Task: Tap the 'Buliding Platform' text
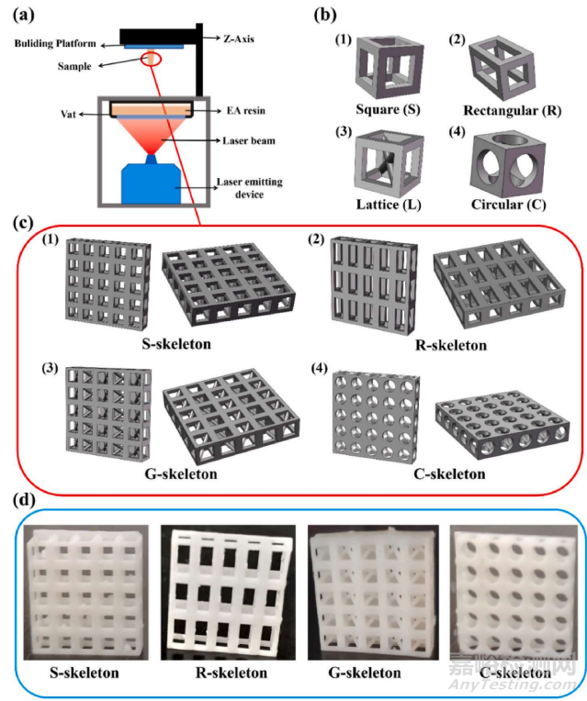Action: coord(57,43)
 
